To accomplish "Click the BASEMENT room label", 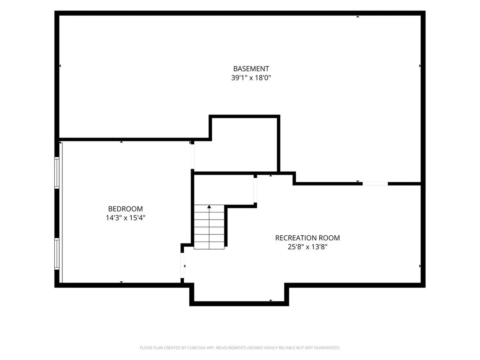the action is click(251, 69).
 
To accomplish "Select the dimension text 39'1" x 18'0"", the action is click(251, 78).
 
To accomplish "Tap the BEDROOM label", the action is click(125, 209).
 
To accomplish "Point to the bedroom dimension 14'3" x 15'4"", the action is click(125, 218).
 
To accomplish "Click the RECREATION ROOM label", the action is click(307, 238).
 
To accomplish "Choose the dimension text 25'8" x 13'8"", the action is click(307, 247).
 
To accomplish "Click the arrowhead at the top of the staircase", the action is click(209, 206).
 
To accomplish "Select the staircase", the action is click(209, 227).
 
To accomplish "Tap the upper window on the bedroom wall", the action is click(57, 173).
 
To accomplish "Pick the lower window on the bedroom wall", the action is click(57, 254).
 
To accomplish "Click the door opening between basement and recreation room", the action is click(375, 184).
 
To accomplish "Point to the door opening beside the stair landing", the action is click(255, 190).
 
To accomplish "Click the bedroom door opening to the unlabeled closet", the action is click(192, 156).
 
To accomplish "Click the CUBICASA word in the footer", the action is click(196, 348).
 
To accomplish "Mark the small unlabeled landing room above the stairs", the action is click(224, 190).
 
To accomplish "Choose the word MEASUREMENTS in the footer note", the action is click(230, 348).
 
